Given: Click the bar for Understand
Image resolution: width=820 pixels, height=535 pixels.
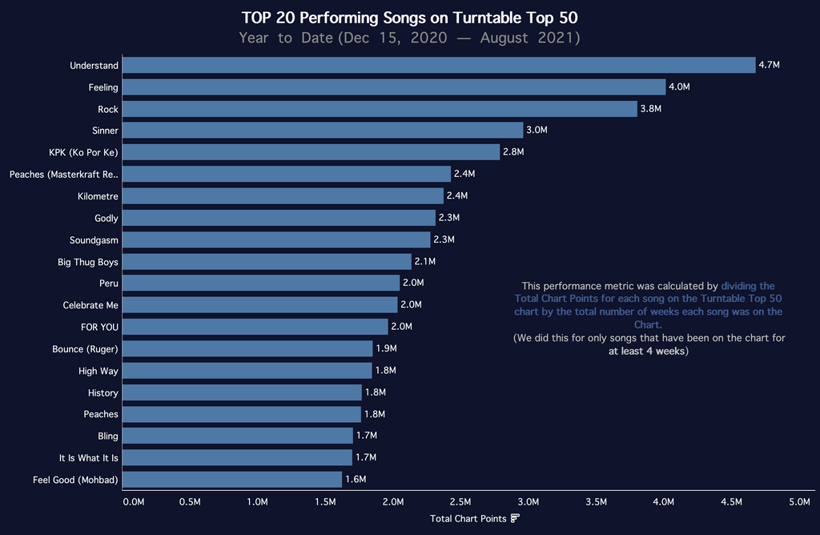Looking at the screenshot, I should coord(439,66).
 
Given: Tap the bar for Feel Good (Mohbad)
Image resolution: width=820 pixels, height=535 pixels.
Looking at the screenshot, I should coord(232,480).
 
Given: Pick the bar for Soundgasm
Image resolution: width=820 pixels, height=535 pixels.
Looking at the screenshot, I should coord(276,239).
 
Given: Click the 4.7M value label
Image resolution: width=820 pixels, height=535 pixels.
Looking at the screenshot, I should coord(770,66).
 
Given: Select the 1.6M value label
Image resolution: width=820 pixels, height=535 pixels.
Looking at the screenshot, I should coord(356,480).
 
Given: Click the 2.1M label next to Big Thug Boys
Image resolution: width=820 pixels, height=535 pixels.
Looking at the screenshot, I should coord(425,262).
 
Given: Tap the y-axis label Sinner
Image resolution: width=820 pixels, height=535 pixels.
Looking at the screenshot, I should coord(105,131).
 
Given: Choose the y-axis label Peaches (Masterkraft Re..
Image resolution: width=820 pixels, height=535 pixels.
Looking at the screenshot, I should coord(64,175).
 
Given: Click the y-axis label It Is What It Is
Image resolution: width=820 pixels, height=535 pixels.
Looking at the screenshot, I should coord(88,458).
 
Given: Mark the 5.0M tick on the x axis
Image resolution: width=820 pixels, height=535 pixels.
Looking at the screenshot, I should coord(799,501).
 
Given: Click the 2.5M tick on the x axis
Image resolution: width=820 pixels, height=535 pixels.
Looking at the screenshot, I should coord(460,501).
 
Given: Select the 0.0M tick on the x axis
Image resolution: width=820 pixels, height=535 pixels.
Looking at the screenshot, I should coord(133,501).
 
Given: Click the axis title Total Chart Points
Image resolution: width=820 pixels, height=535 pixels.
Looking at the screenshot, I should coord(468,519).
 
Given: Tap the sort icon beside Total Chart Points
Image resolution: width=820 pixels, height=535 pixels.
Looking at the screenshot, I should coord(515,519).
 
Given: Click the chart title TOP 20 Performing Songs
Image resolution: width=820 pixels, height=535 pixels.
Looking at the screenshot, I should coord(409,18).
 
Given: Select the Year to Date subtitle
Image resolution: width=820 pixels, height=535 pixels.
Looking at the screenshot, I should coord(409,38).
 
